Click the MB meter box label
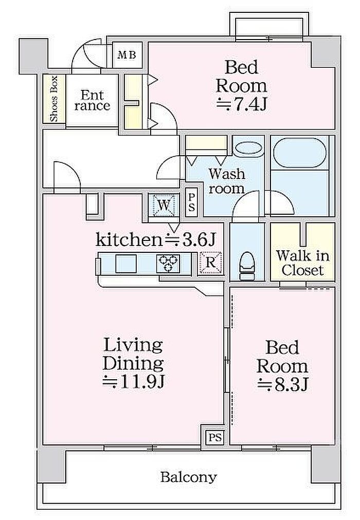(x=127, y=54)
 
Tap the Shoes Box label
(x=54, y=99)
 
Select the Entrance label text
(x=92, y=101)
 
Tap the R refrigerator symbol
(x=211, y=263)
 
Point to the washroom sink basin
(x=248, y=148)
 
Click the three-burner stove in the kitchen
(x=168, y=264)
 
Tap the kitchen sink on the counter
(x=126, y=264)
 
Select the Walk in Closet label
(x=302, y=263)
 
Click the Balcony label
(x=188, y=477)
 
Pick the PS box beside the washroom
(x=191, y=202)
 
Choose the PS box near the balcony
(x=215, y=437)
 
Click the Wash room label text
(x=227, y=181)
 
